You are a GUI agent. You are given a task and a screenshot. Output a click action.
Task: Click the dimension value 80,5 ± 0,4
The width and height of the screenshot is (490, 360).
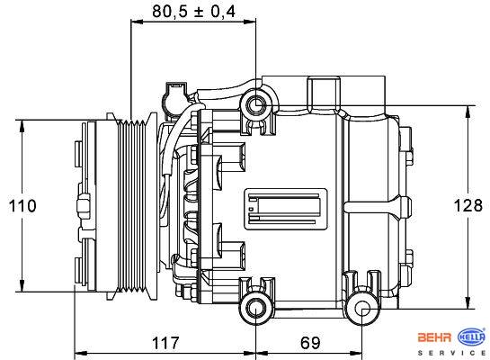pyautogui.click(x=193, y=12)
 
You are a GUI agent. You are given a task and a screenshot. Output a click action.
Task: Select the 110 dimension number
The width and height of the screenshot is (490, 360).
pyautogui.click(x=22, y=206)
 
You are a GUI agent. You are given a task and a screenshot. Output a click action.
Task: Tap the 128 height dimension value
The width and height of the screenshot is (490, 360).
pyautogui.click(x=468, y=205)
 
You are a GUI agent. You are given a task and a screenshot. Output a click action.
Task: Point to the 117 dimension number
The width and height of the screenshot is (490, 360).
pyautogui.click(x=165, y=343)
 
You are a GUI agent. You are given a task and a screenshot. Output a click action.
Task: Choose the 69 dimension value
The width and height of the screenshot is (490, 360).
pyautogui.click(x=310, y=343)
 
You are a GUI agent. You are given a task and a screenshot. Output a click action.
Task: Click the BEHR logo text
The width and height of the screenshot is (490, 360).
pyautogui.click(x=434, y=337)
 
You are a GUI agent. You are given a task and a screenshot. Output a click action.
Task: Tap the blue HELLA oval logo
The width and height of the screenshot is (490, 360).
pyautogui.click(x=471, y=337)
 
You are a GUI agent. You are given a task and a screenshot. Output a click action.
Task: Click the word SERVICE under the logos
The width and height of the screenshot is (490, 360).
pyautogui.click(x=452, y=353)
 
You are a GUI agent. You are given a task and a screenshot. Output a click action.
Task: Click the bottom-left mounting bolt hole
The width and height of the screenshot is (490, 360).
pyautogui.click(x=255, y=309)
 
